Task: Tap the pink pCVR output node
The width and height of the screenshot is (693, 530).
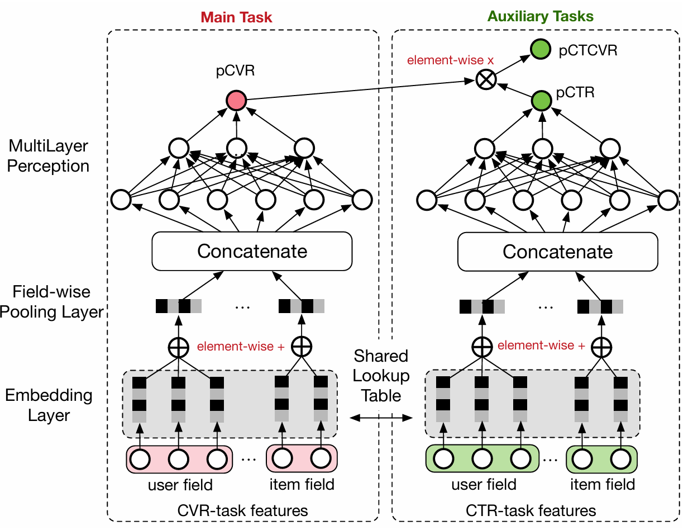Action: pos(236,100)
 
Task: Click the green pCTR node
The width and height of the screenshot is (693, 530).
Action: pos(541,101)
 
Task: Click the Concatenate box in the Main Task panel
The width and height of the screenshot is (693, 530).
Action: pos(252,251)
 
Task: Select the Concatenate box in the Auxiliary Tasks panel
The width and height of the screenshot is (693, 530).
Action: pos(557,251)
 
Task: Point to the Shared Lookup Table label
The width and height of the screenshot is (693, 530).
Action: pos(381,376)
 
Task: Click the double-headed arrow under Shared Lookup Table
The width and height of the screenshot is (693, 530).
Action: pos(381,417)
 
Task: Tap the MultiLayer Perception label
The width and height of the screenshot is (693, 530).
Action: pos(49,156)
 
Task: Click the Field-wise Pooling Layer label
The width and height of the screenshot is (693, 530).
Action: pos(51,301)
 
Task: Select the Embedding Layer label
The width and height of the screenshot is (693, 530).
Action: pos(49,405)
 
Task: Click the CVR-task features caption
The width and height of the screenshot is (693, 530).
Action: pos(242,510)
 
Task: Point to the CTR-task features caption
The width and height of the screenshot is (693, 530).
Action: pos(530,510)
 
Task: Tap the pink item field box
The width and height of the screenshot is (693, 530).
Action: pos(302,460)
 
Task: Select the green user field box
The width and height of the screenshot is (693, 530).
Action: pos(483,460)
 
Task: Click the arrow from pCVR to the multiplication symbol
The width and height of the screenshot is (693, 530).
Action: pos(357,91)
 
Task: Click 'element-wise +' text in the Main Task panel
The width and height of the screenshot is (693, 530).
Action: pos(241,347)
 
